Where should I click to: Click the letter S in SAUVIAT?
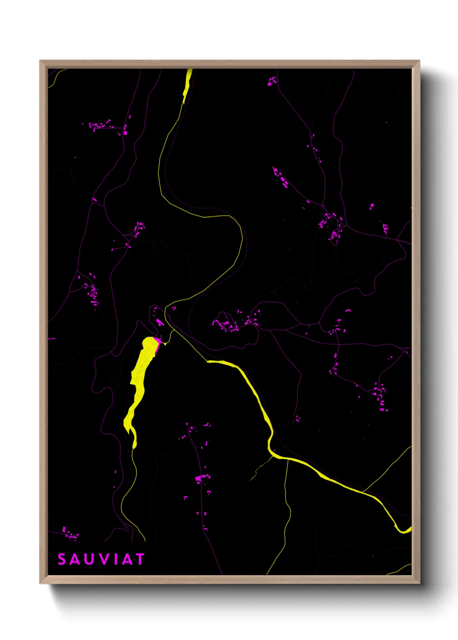click(62, 560)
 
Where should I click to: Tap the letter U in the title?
click(89, 560)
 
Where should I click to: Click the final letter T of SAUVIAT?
click(139, 560)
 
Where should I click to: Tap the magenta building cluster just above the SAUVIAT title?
click(71, 534)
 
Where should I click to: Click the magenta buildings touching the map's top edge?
click(272, 81)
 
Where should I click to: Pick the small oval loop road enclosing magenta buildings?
click(334, 239)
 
